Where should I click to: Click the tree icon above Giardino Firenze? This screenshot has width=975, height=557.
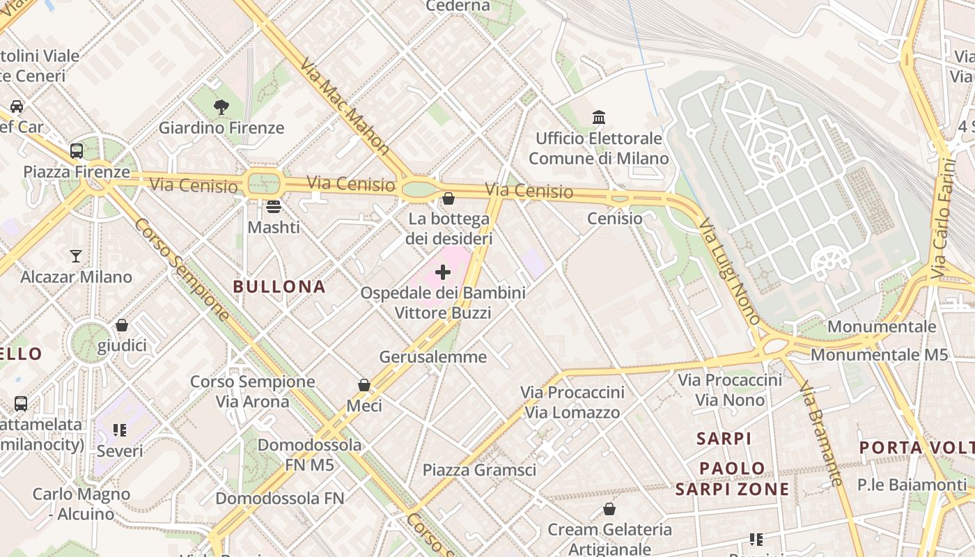point(221,107)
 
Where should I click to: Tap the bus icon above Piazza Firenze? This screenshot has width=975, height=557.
point(77,150)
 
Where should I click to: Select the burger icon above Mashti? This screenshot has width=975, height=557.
point(274,206)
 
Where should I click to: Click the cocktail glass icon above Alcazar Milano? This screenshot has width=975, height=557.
point(76,256)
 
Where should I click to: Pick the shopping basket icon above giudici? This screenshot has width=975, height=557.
point(122,325)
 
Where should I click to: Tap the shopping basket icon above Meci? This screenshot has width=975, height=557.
point(364,384)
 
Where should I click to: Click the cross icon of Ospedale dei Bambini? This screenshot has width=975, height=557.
point(442,272)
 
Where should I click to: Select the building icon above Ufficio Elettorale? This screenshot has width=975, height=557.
point(599,117)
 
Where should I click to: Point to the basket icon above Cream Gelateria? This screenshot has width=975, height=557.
point(609,509)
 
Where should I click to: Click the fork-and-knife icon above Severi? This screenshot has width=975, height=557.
point(120,430)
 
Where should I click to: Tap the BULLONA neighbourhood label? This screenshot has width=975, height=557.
point(279,286)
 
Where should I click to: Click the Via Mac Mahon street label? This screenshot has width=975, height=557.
point(345,105)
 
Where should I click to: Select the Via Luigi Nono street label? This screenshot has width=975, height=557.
point(729,272)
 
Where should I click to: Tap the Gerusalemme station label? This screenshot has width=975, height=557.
point(432,356)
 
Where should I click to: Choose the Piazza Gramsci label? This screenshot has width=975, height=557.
point(480,470)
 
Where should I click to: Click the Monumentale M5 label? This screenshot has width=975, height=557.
point(879,354)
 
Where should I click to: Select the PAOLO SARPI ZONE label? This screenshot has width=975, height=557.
point(733,478)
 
